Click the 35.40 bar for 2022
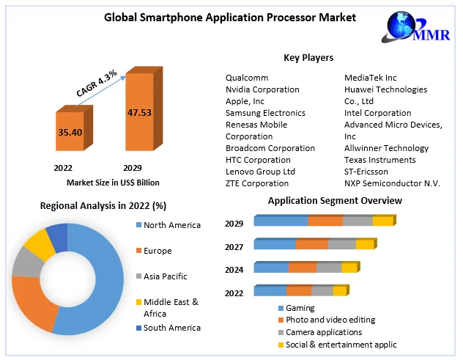coord(70,133)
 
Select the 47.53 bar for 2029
coord(139,113)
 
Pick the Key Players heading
coord(308,57)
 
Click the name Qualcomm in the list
coord(247,78)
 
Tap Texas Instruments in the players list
coord(379,160)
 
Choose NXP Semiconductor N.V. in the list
coord(392,183)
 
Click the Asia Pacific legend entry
coord(165,276)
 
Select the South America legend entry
coord(171,328)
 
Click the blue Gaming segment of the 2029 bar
coord(281,221)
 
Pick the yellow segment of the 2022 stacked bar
coord(339,291)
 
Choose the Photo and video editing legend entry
coord(330,320)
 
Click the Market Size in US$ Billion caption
coord(113,182)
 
